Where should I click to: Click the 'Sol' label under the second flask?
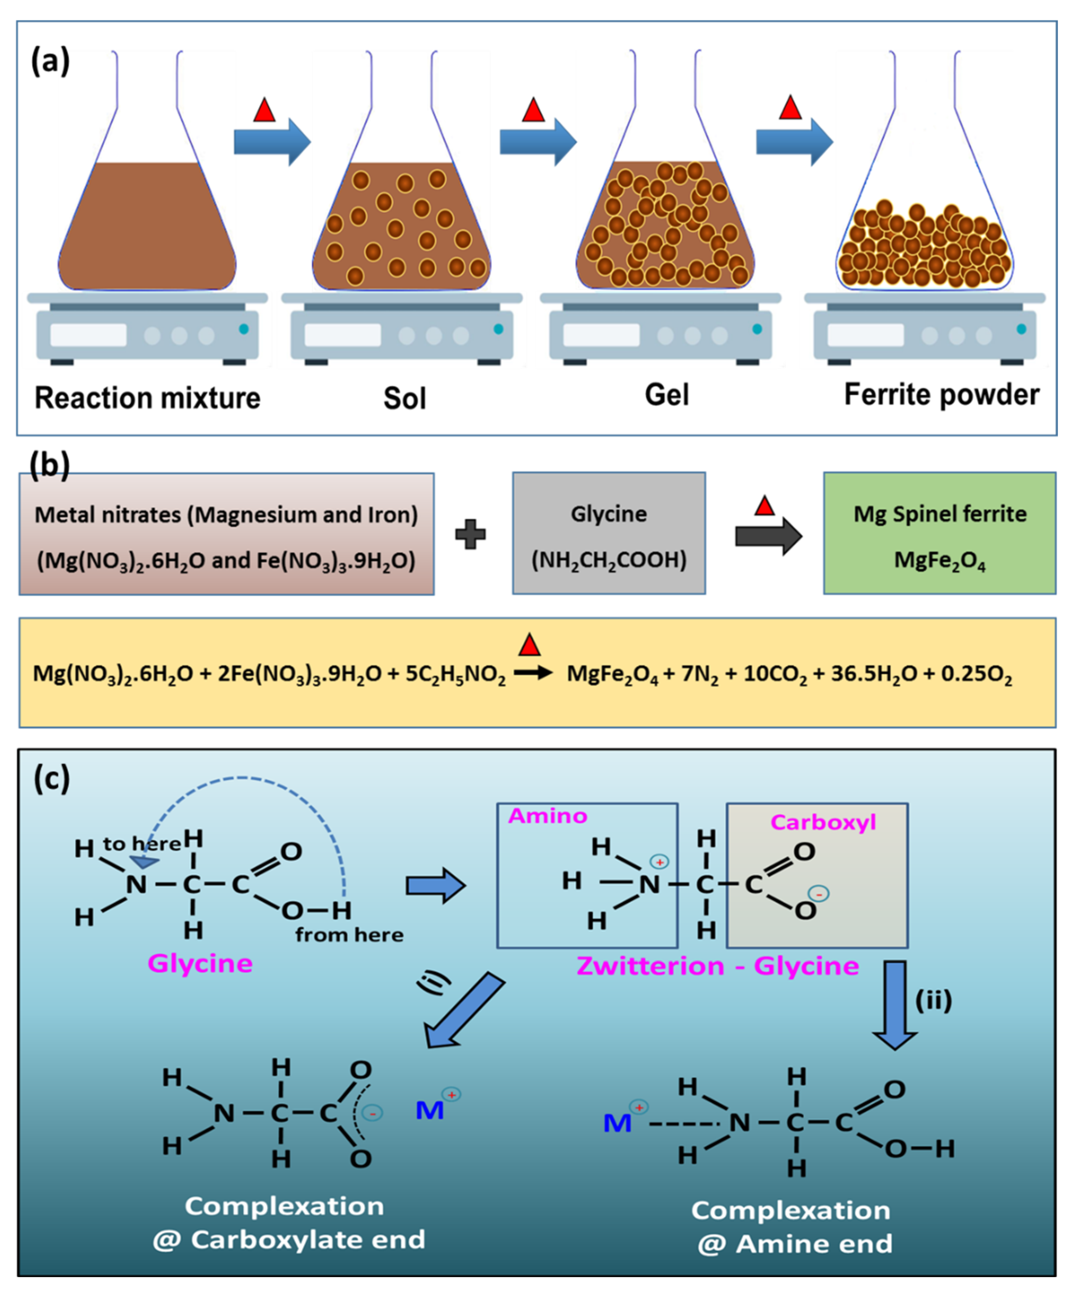(405, 398)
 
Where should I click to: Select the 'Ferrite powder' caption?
(941, 395)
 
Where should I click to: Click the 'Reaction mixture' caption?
(147, 398)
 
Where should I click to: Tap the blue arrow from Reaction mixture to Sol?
(272, 142)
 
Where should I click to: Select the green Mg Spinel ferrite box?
(939, 533)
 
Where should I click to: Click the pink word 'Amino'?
(547, 816)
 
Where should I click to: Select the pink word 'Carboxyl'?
(823, 822)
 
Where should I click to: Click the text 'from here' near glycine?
(349, 935)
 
